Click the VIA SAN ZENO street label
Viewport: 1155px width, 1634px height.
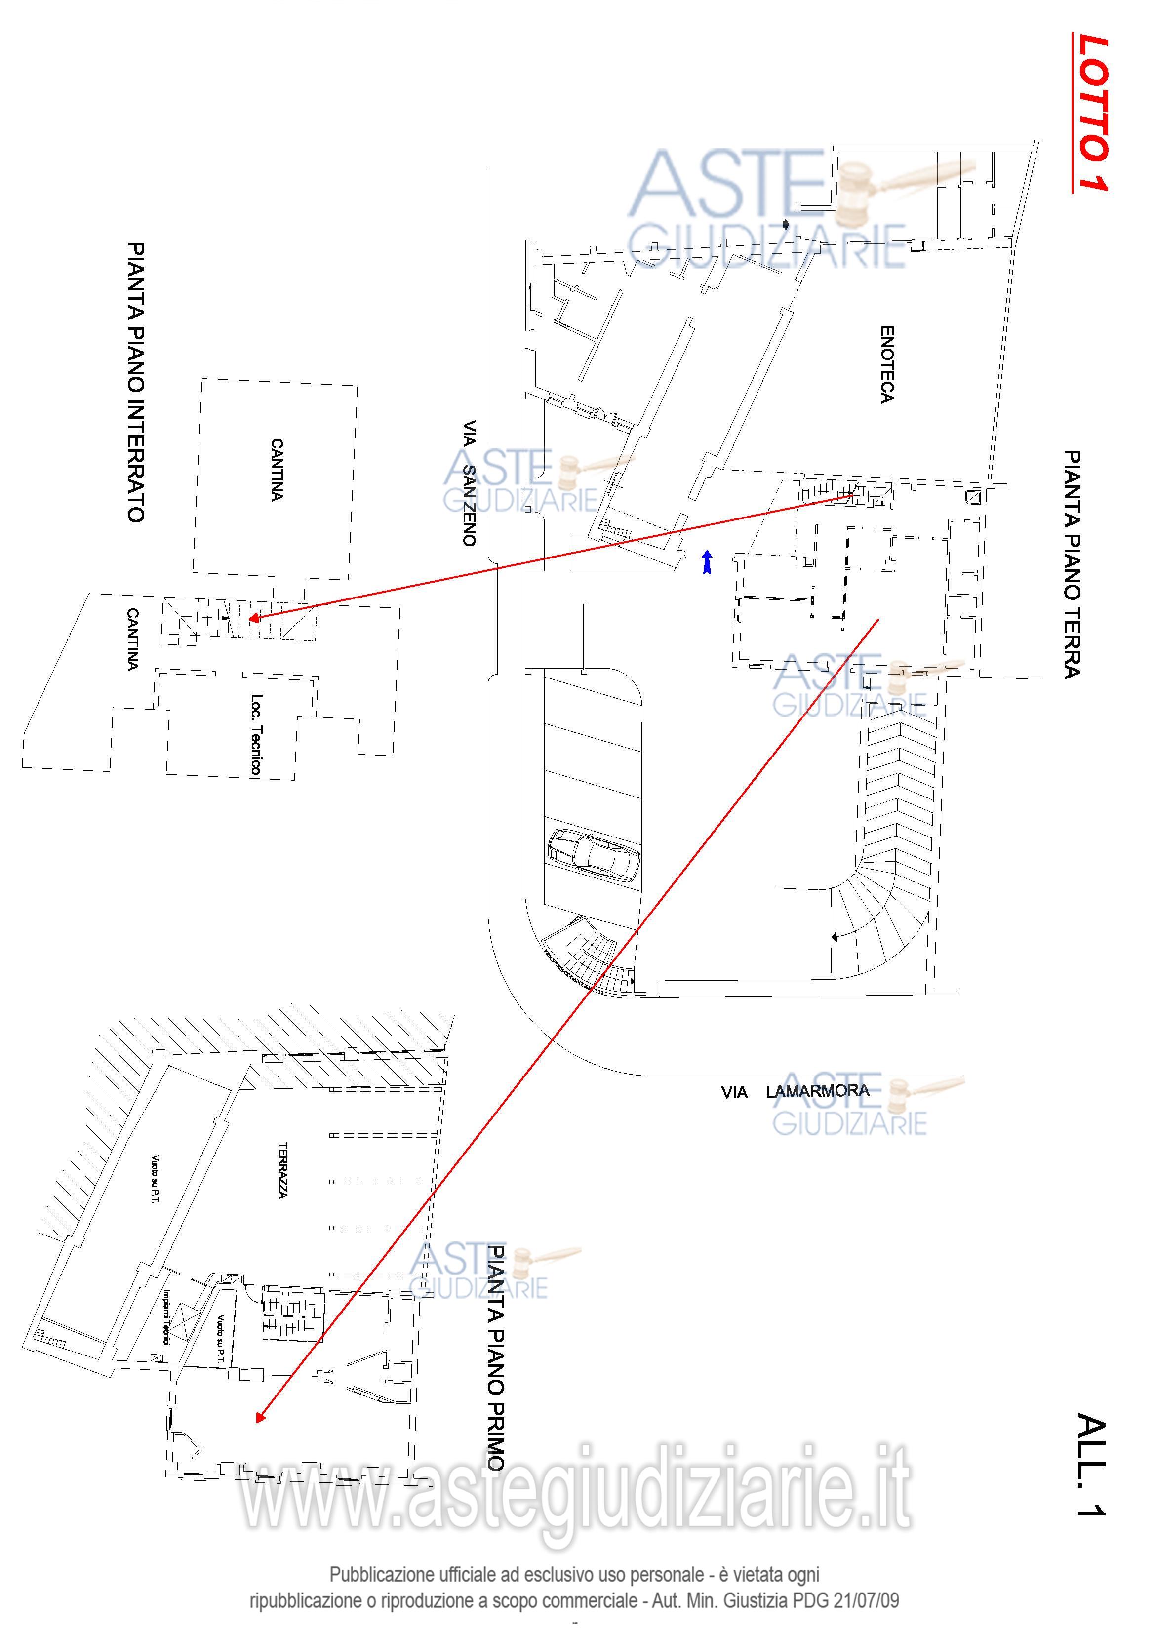[x=468, y=482]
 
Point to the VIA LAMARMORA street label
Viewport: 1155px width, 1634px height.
[x=795, y=1092]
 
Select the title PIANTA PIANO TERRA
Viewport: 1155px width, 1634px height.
[x=1071, y=563]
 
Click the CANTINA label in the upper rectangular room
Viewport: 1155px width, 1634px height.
[x=277, y=470]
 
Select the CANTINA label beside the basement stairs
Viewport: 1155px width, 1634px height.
[x=132, y=638]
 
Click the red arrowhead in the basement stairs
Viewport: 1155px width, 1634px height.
[x=253, y=618]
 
